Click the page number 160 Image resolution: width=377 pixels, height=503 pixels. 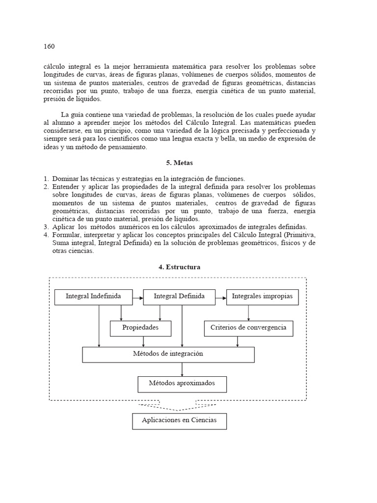coord(49,47)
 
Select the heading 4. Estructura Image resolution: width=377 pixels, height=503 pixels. coord(179,267)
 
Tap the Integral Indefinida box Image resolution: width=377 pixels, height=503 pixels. coord(93,297)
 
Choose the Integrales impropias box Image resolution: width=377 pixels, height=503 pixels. coord(262,297)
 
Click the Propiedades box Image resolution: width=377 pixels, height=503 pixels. coord(140,328)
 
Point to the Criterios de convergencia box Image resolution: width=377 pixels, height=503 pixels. coord(248,328)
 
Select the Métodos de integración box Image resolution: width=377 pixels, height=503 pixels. coord(168,354)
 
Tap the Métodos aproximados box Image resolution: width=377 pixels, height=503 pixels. coord(182,384)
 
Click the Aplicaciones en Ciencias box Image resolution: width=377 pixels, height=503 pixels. coord(179,421)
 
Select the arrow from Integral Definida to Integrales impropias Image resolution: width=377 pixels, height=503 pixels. coord(221,297)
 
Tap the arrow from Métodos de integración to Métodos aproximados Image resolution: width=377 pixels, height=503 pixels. coord(182,369)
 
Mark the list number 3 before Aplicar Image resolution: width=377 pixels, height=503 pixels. coord(45,226)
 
